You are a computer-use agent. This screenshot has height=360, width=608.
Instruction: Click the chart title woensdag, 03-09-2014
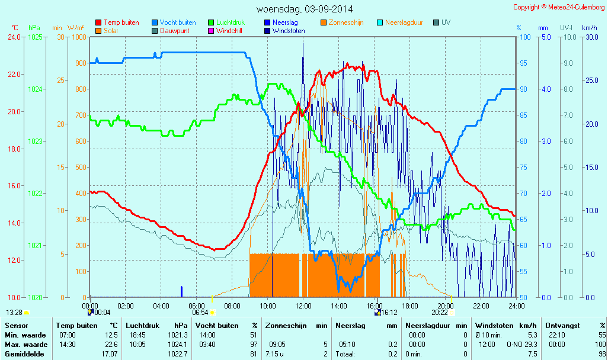[305, 9]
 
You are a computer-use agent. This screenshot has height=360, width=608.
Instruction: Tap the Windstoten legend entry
[289, 31]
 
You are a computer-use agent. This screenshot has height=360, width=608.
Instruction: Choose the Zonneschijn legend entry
[345, 22]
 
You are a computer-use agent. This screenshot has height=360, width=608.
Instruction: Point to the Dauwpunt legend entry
[175, 31]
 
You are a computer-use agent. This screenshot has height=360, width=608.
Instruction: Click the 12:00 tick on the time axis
[303, 306]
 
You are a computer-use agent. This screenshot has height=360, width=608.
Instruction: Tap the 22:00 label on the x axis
[481, 306]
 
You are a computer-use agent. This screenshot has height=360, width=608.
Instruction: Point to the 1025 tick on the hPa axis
[36, 37]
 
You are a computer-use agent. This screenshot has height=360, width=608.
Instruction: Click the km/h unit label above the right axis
[589, 28]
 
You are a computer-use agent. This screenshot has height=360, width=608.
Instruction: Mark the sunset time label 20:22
[439, 313]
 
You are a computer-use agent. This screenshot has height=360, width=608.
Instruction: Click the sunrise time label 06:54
[200, 313]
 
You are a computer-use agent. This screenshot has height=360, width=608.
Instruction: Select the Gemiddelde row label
[24, 353]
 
